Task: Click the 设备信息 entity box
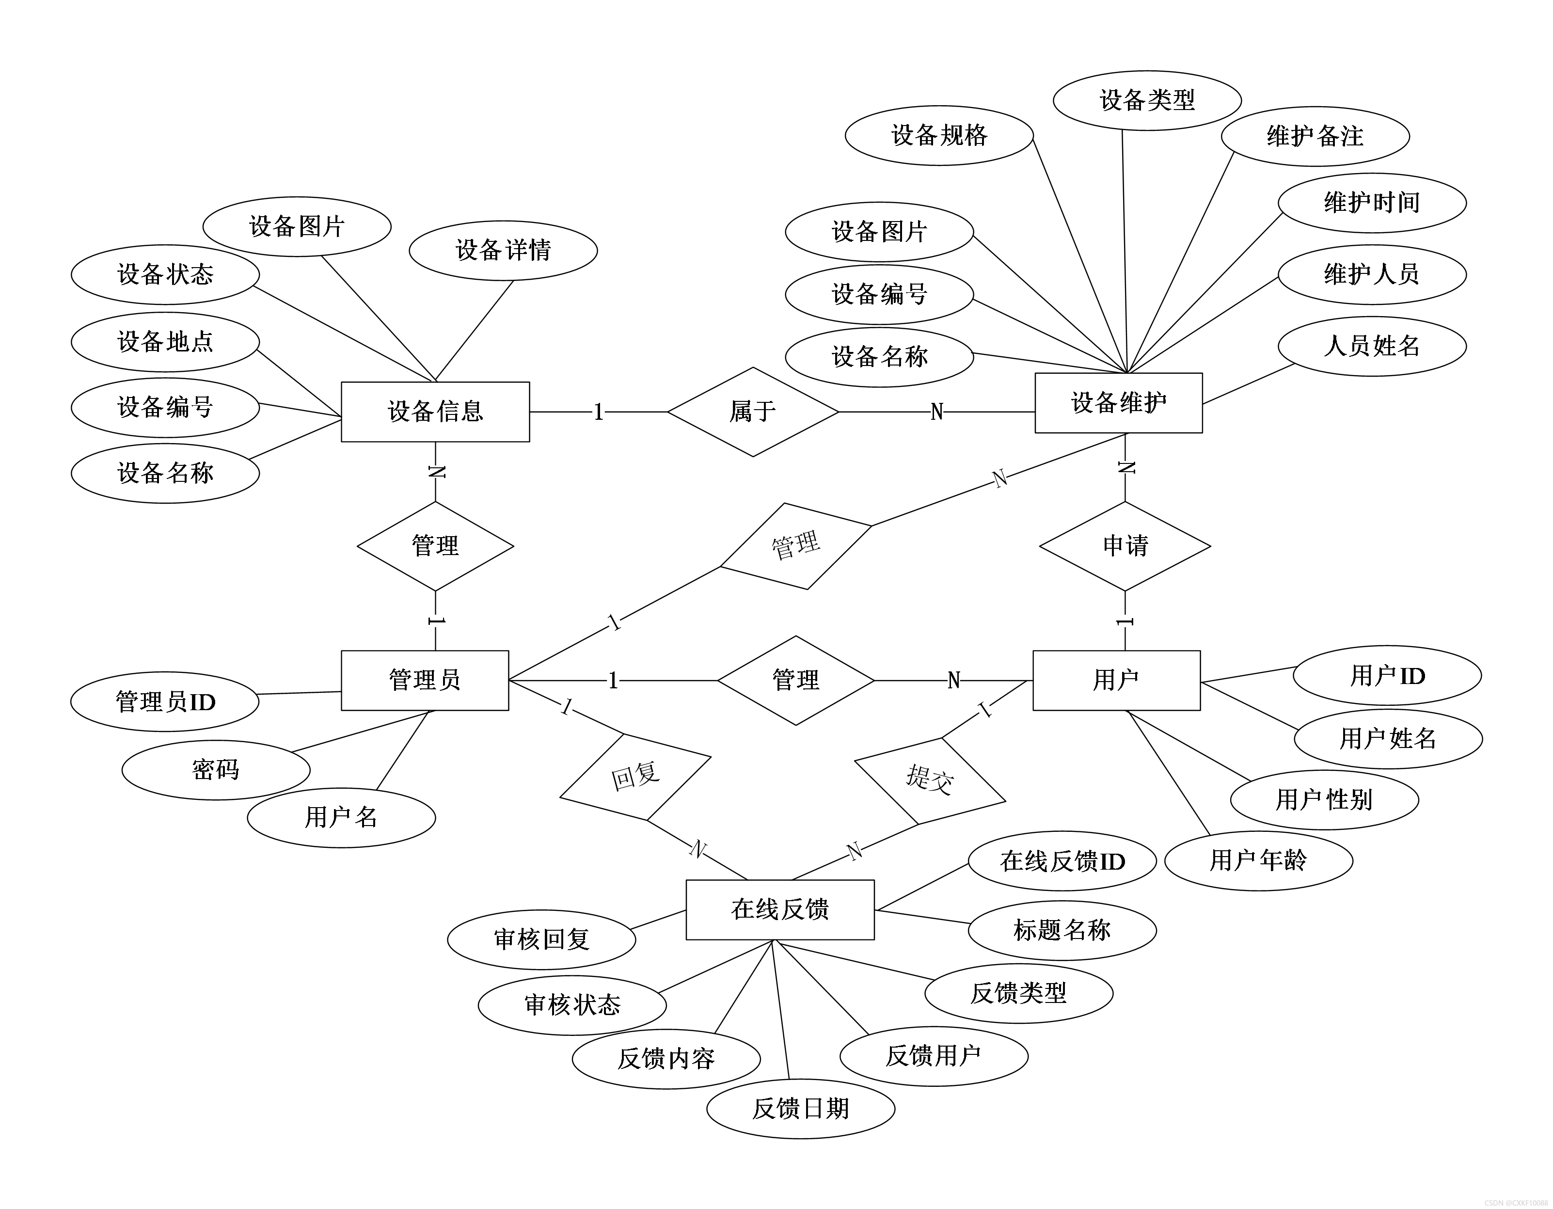pos(435,412)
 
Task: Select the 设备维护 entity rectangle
pos(1119,402)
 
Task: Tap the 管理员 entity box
pos(425,680)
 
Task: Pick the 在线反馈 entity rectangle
pos(780,909)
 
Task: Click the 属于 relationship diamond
pos(753,412)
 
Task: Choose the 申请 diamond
pos(1125,546)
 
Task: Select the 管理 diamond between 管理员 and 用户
pos(796,681)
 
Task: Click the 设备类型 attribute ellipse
pos(1147,100)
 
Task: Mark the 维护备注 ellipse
pos(1315,137)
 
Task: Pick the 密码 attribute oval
pos(216,770)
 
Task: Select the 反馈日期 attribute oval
pos(801,1108)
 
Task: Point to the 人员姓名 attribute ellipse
pos(1372,346)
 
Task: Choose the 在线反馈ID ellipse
pos(1062,861)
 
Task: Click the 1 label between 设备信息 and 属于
pos(599,412)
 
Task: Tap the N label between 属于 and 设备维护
pos(936,412)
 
